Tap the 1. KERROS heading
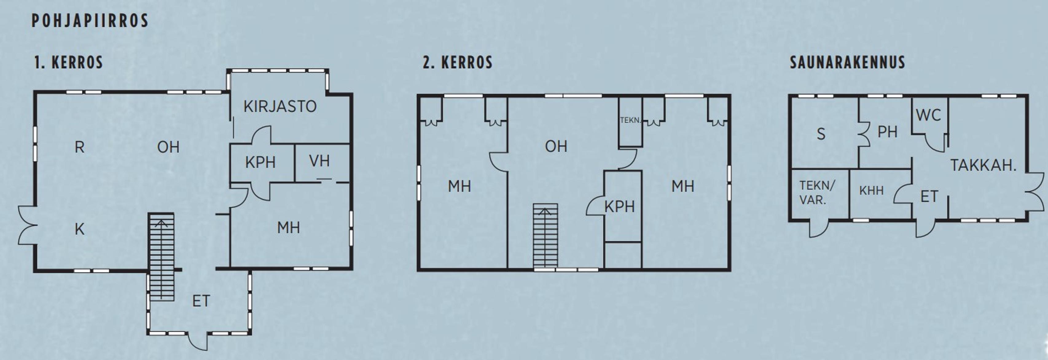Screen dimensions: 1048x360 tap(69, 63)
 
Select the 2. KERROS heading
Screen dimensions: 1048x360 tap(458, 63)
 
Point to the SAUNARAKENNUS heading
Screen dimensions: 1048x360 tap(847, 62)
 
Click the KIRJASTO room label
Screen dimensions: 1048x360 tap(280, 107)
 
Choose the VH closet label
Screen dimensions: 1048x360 tap(319, 161)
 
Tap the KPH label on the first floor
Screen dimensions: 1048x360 tap(260, 162)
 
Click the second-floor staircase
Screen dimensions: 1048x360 tap(546, 236)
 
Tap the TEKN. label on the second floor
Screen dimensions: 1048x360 tap(630, 120)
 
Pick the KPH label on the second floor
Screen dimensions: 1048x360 tap(619, 207)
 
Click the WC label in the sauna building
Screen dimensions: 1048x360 tap(929, 115)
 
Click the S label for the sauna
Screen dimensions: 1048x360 tap(821, 134)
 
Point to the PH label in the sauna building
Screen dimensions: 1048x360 tap(887, 132)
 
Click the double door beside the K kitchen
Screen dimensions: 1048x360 tap(28, 225)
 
